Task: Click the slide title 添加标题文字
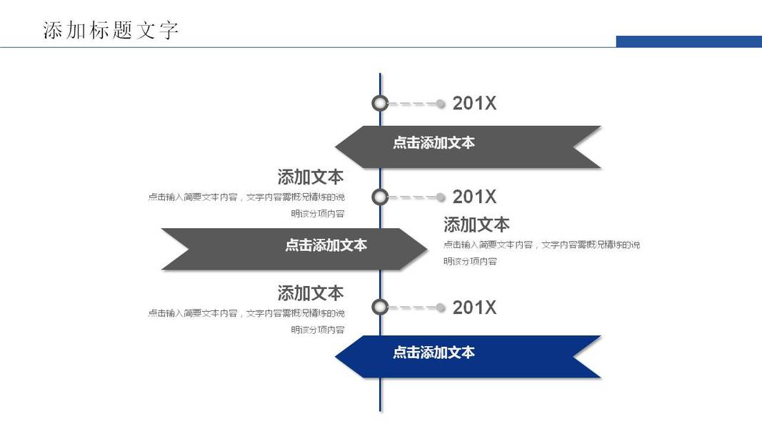coord(111,31)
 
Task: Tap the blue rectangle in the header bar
coord(688,41)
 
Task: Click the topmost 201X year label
coord(474,104)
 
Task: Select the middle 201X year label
coord(474,197)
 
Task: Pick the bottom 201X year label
coord(474,307)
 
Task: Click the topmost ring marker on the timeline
coord(380,104)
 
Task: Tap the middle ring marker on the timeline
coord(380,197)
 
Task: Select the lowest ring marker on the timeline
coord(380,307)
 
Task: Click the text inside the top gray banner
coord(433,143)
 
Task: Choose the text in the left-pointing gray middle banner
coord(326,245)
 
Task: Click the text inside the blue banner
coord(433,352)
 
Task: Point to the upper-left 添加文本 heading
coord(310,177)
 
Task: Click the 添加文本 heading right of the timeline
coord(476,225)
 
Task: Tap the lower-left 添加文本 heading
coord(310,293)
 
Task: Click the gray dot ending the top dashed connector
coord(441,104)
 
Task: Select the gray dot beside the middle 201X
coord(441,197)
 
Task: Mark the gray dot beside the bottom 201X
coord(441,307)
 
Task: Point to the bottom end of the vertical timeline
coord(380,410)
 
